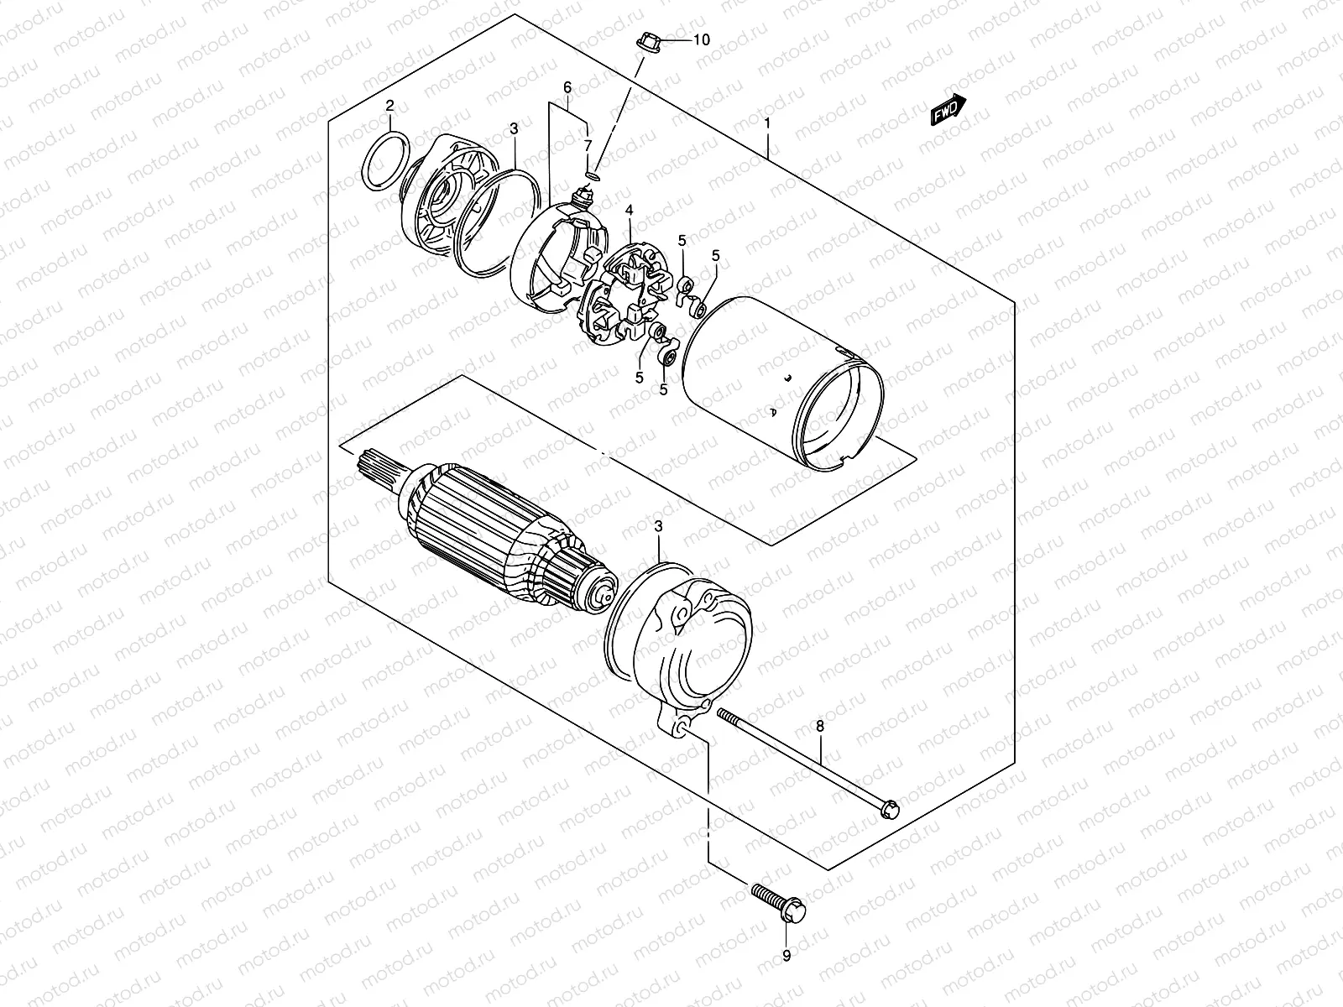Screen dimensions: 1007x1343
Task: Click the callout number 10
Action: tap(702, 40)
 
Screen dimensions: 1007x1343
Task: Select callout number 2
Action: tap(389, 106)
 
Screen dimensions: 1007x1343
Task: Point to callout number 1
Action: tap(767, 123)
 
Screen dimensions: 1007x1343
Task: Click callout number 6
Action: tap(567, 87)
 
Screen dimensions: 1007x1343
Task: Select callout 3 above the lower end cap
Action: tap(659, 526)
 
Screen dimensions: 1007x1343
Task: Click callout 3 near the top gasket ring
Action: tap(514, 128)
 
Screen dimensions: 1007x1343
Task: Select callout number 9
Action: tap(786, 955)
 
